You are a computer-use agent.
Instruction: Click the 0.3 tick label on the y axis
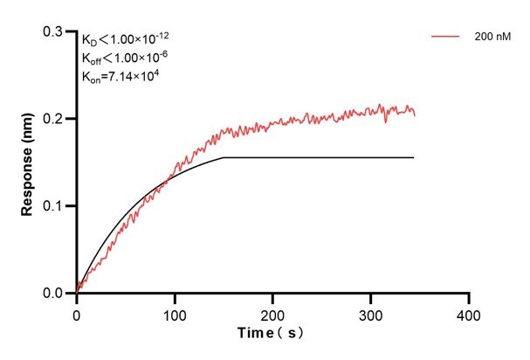coord(54,31)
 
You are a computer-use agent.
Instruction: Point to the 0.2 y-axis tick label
coord(54,119)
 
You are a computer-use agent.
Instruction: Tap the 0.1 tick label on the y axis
coord(54,206)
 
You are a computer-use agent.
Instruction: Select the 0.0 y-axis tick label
coord(54,294)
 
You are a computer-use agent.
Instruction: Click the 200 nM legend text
coord(492,38)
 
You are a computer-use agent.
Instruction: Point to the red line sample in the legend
coord(445,38)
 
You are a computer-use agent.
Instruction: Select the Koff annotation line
coord(122,58)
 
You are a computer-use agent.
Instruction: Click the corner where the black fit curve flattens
coord(224,157)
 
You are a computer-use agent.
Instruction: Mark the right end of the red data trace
coord(415,114)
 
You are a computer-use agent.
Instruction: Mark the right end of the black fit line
coord(413,157)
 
